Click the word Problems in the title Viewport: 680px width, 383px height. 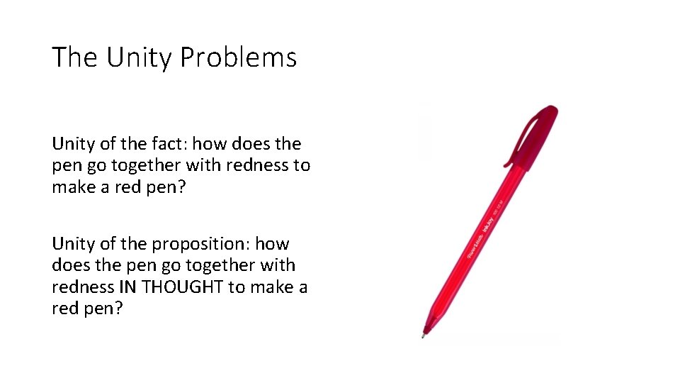click(x=238, y=57)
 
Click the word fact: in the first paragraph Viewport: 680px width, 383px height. click(x=163, y=144)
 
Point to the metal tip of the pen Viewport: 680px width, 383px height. click(x=424, y=333)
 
